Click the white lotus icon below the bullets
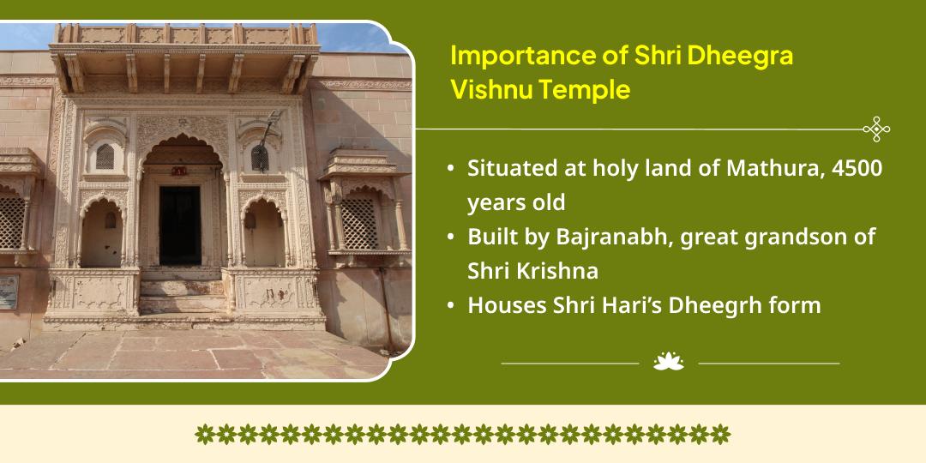669,362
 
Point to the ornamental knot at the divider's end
875,129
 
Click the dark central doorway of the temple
180,225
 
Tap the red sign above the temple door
179,171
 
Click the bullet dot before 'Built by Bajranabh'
451,237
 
